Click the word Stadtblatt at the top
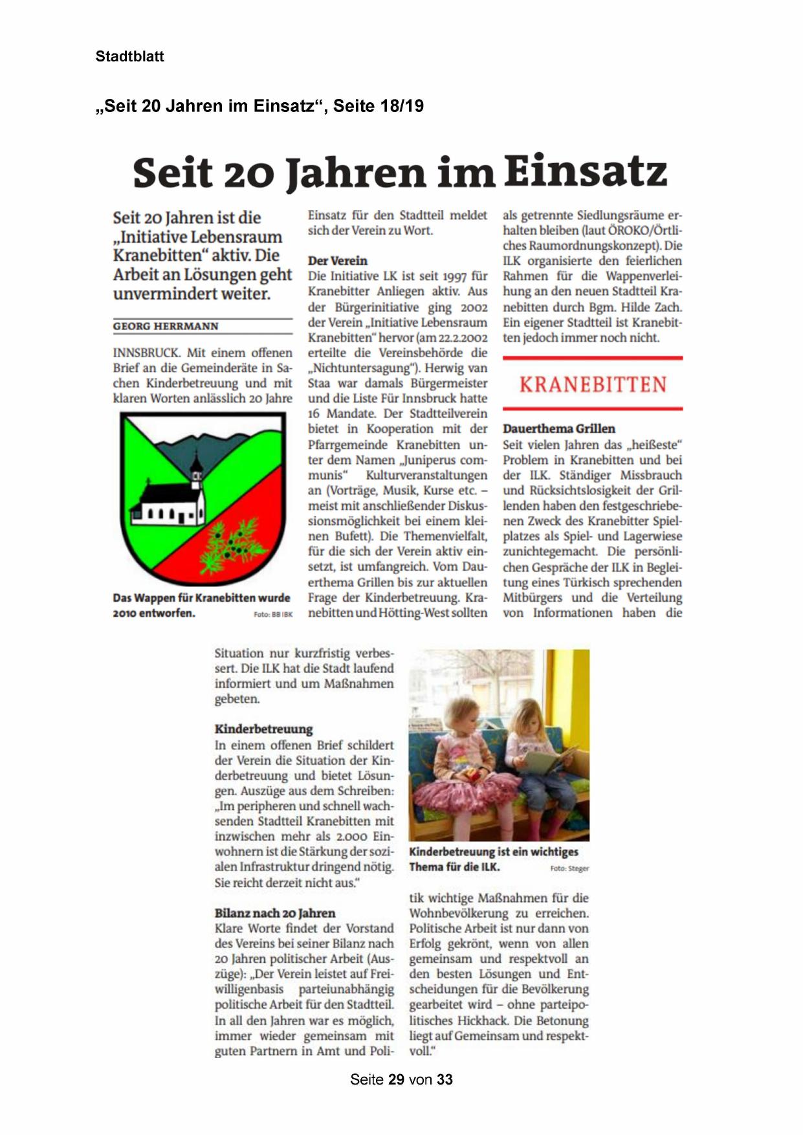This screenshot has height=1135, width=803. click(129, 56)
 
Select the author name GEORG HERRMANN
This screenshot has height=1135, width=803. click(166, 326)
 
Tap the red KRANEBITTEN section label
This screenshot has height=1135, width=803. click(592, 384)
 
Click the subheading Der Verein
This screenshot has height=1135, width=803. click(337, 261)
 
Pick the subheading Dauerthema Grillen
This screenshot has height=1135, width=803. click(558, 428)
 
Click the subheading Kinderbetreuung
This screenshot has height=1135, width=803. click(263, 729)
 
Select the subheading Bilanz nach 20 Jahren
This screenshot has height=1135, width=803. click(275, 913)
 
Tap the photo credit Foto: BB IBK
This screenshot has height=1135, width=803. click(273, 614)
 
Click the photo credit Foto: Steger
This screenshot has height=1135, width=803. click(569, 868)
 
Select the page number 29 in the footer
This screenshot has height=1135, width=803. click(396, 1079)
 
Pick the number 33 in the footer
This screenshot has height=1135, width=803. click(445, 1079)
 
